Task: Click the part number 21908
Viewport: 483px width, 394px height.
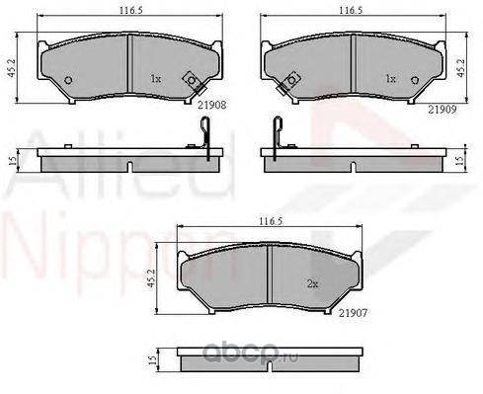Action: pyautogui.click(x=211, y=105)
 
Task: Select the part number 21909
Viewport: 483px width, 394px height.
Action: pyautogui.click(x=443, y=110)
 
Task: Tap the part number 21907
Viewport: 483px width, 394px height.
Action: pyautogui.click(x=353, y=313)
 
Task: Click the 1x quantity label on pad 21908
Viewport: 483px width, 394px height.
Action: pyautogui.click(x=156, y=79)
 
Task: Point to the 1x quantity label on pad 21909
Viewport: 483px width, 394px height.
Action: pyautogui.click(x=390, y=79)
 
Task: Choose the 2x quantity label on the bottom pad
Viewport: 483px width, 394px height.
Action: pyautogui.click(x=312, y=283)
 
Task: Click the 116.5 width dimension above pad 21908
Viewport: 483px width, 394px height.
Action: pyautogui.click(x=130, y=10)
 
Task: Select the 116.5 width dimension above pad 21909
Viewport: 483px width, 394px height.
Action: pyautogui.click(x=351, y=10)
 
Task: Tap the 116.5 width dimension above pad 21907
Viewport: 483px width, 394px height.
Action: pyautogui.click(x=271, y=221)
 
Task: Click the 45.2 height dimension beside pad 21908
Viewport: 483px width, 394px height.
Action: pyautogui.click(x=12, y=69)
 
